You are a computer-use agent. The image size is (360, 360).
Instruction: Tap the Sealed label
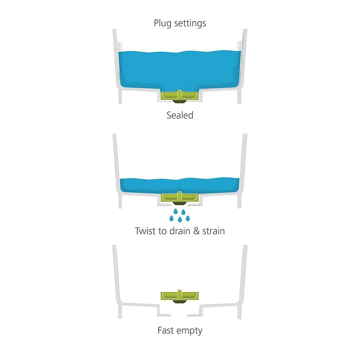180,115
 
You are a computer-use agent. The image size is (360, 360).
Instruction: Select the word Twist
145,231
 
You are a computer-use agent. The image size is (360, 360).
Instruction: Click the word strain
213,231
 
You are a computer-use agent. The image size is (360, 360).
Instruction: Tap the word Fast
166,330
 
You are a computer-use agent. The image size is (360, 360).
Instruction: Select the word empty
189,331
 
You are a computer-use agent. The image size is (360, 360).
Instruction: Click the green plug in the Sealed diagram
180,95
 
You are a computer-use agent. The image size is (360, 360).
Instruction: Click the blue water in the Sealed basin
180,70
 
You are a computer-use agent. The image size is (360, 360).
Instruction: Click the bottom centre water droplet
180,219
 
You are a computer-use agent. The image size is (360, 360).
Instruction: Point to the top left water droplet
175,211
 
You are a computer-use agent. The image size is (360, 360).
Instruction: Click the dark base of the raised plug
180,301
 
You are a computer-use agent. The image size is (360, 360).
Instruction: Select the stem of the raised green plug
180,294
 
